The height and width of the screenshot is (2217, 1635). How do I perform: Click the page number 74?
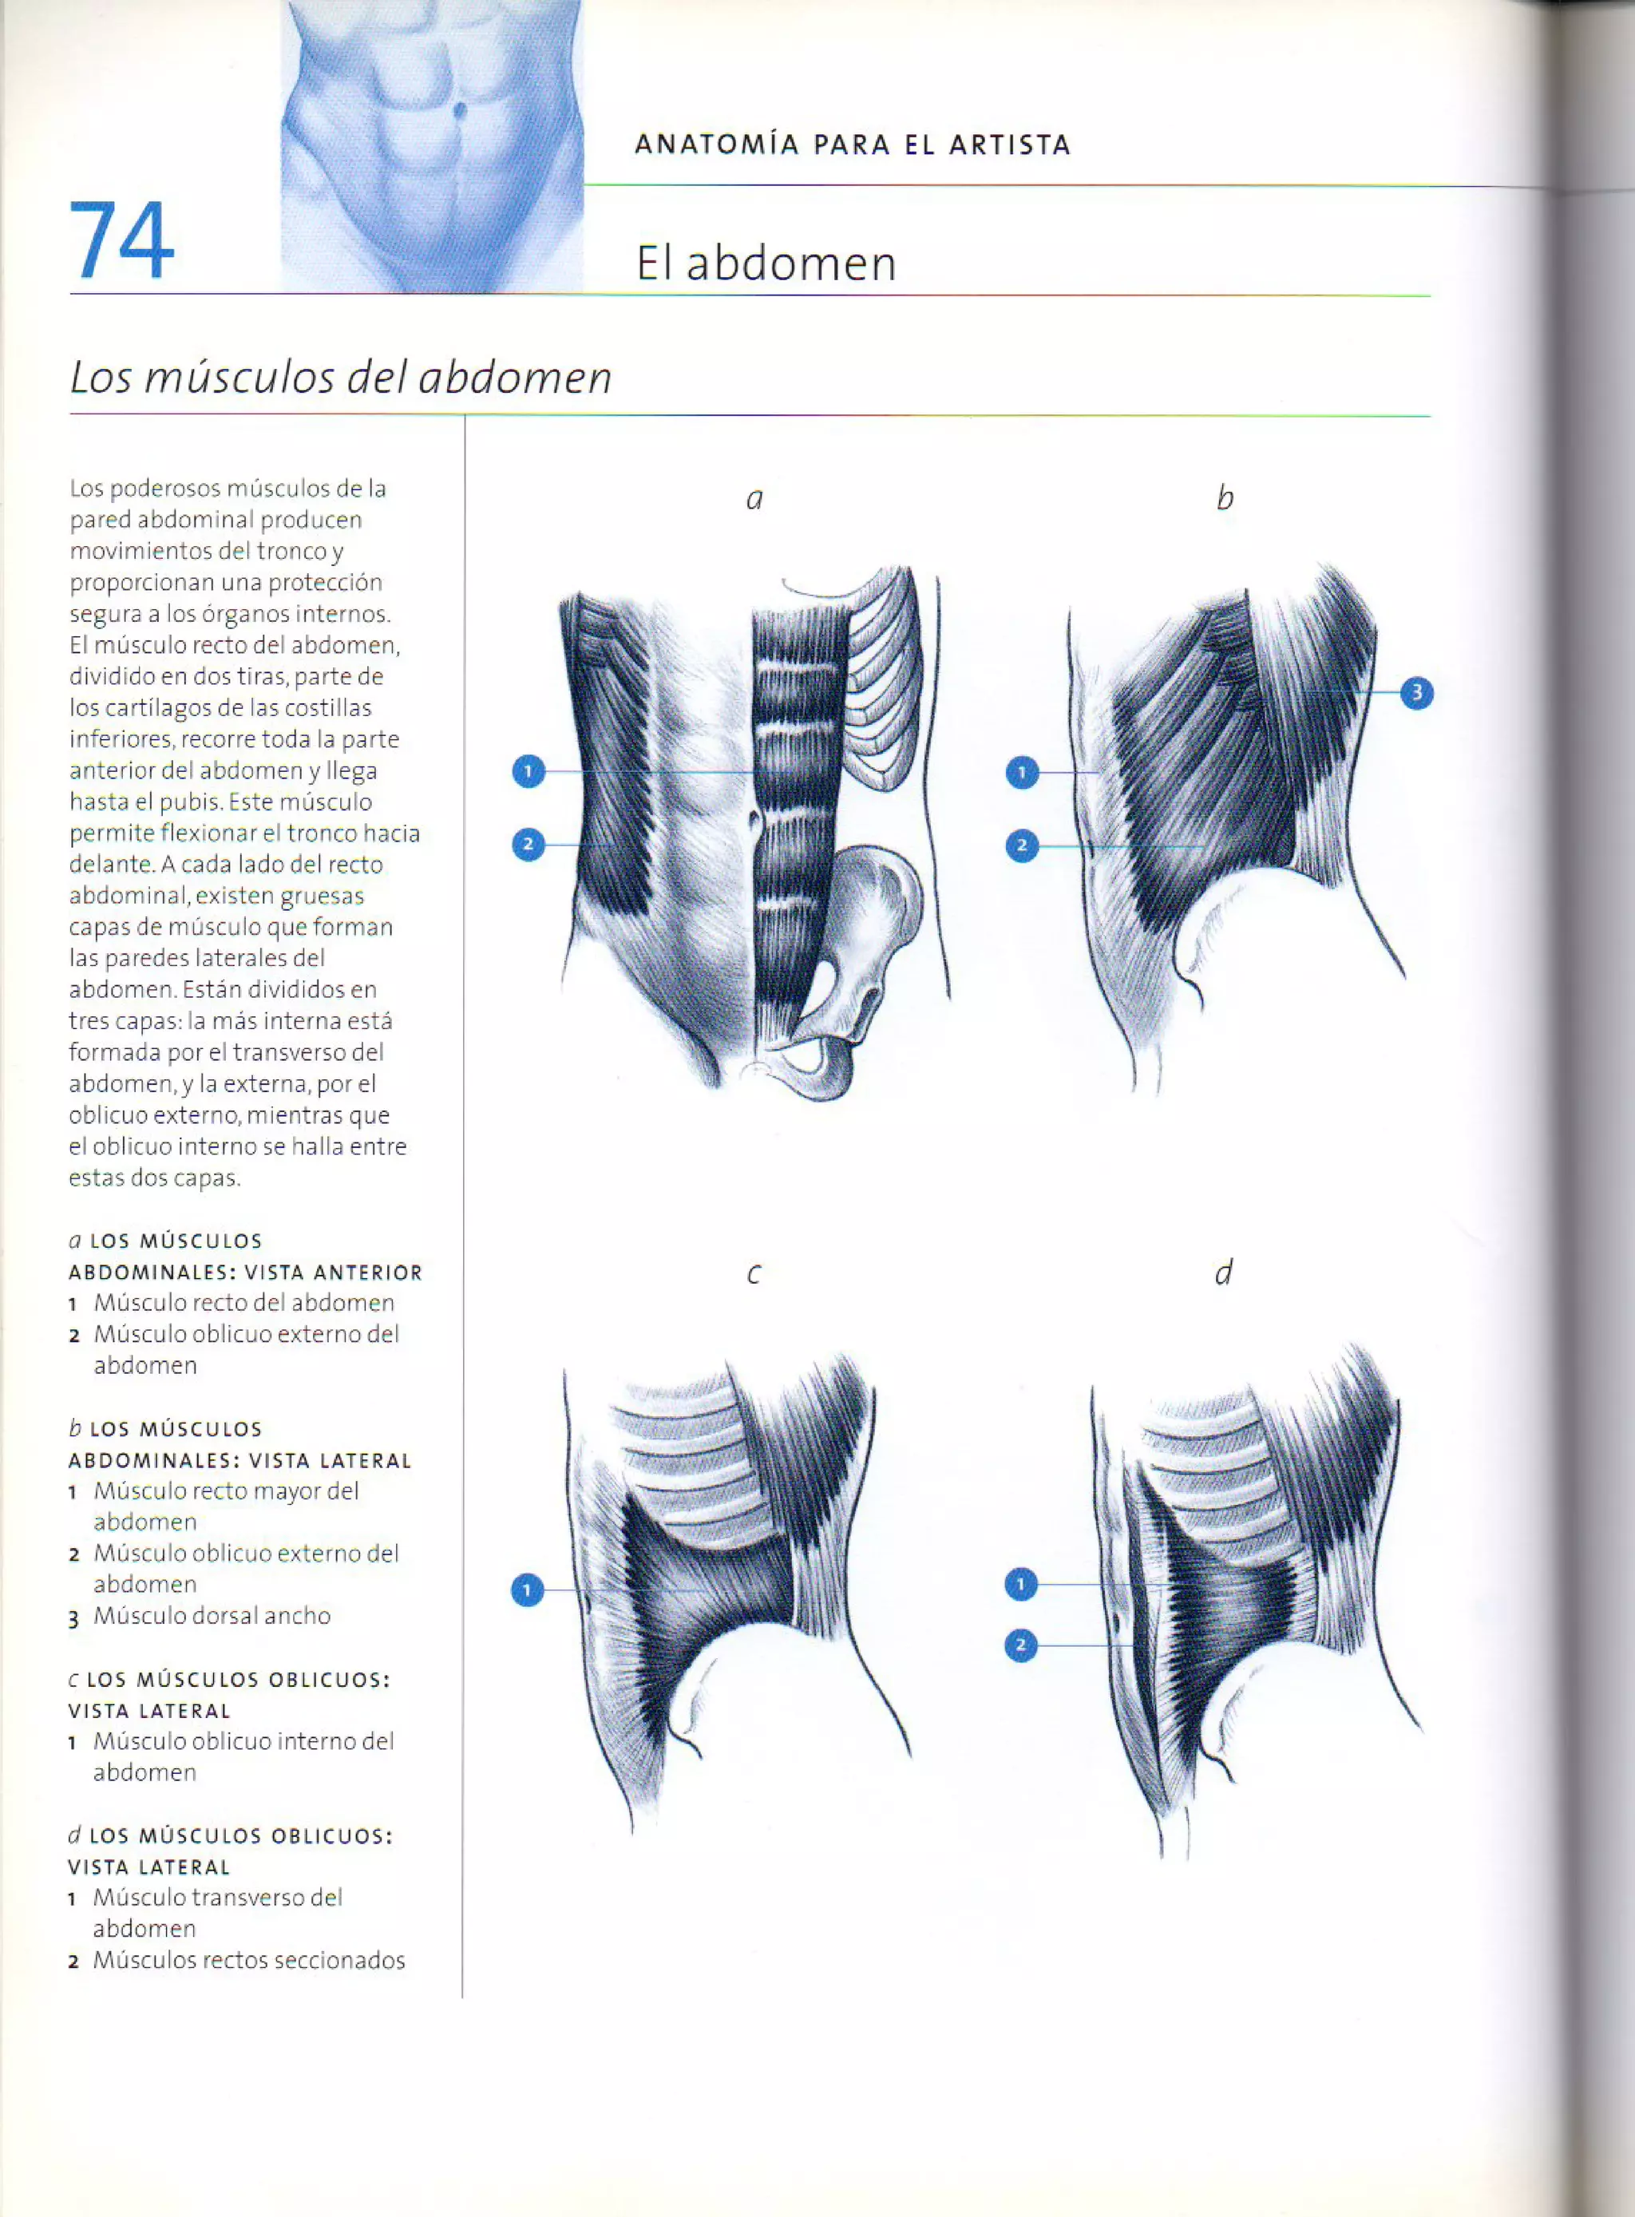[x=121, y=241]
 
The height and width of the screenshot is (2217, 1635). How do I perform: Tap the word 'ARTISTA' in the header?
[x=1010, y=145]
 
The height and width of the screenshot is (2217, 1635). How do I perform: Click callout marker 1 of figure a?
[x=529, y=771]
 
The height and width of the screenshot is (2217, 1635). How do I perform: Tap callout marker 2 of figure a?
[x=529, y=844]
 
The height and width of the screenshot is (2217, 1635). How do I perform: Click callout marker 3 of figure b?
[x=1416, y=693]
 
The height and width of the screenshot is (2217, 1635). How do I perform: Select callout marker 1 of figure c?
[x=528, y=1590]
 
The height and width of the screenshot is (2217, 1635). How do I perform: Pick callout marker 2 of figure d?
[x=1020, y=1646]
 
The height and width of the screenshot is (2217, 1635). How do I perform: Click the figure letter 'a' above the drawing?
[x=754, y=499]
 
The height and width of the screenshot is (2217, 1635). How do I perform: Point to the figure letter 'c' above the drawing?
[x=754, y=1274]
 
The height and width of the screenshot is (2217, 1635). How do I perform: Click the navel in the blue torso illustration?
[x=460, y=110]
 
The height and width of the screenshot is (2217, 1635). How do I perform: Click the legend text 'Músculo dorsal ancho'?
[x=212, y=1615]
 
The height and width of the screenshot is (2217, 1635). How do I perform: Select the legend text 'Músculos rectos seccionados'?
[x=248, y=1960]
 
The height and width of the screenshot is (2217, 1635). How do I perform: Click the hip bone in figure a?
[x=871, y=920]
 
